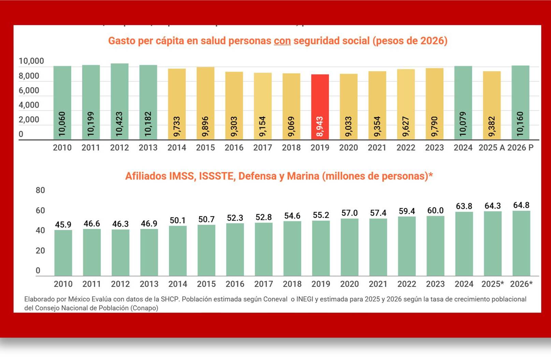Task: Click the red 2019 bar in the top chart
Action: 320,102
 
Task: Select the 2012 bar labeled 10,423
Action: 119,99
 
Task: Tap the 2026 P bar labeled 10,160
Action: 520,99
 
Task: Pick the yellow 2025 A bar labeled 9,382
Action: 492,102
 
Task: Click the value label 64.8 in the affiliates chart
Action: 521,205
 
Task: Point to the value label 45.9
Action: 63,225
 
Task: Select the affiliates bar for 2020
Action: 349,247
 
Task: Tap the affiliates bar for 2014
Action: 178,251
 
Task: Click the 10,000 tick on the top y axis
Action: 31,61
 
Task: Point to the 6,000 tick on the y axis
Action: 29,90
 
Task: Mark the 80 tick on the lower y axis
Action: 40,190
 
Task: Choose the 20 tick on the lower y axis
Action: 40,251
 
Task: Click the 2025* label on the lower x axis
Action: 492,284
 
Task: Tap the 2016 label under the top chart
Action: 234,148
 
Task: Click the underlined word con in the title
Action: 282,41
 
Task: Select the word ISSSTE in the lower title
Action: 217,176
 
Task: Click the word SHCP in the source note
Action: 170,299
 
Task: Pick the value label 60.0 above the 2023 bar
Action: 435,211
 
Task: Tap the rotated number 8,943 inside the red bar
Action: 320,126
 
